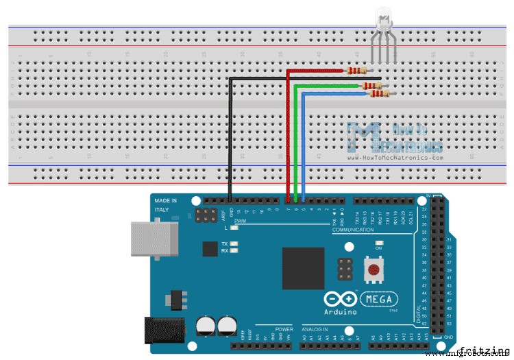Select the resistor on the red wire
click(357, 70)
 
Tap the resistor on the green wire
click(370, 86)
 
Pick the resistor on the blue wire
click(378, 94)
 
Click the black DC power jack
click(164, 329)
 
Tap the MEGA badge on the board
click(377, 299)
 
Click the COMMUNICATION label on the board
click(352, 230)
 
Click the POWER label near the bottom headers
click(284, 329)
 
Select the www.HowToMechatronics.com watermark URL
click(395, 157)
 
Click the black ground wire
click(231, 137)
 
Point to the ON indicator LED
click(378, 243)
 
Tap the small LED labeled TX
click(234, 243)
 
